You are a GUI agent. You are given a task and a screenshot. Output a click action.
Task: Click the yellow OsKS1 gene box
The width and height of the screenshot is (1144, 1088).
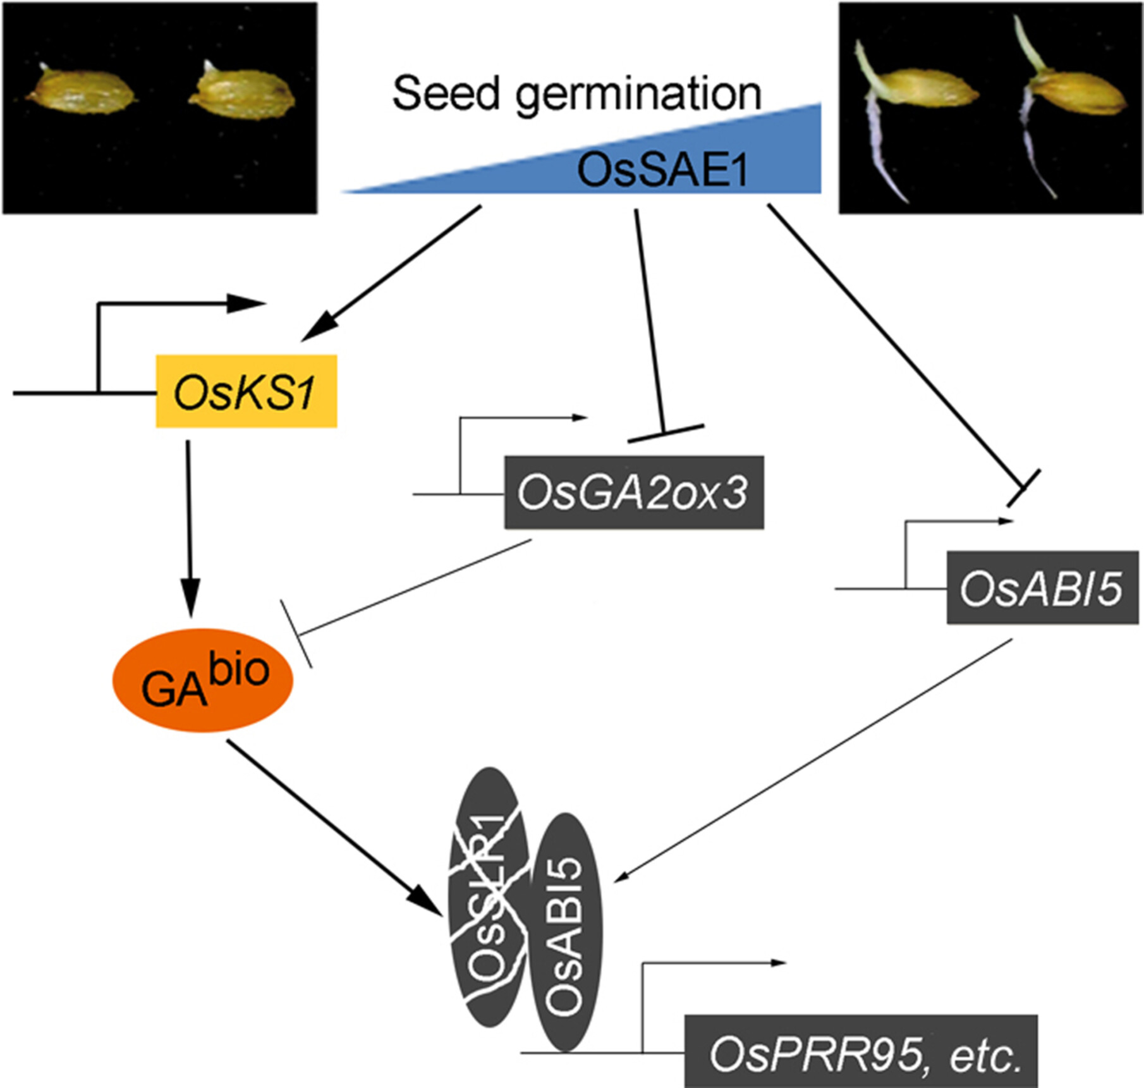[x=246, y=391]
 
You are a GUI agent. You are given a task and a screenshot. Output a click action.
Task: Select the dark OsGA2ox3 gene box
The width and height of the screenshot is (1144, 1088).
[x=633, y=492]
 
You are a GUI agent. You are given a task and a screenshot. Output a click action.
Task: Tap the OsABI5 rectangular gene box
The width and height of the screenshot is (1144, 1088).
[x=1042, y=587]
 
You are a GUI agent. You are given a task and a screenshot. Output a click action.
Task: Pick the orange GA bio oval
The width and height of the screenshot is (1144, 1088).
[x=203, y=680]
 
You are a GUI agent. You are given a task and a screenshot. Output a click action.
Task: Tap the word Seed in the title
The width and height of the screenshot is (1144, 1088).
[x=446, y=93]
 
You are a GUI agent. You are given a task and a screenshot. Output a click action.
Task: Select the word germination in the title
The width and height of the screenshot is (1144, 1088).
[x=638, y=95]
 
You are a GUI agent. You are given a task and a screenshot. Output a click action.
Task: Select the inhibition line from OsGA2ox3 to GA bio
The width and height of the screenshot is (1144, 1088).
[x=411, y=588]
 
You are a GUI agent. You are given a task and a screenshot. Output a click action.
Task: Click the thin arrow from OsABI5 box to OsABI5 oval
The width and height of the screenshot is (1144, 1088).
[x=815, y=759]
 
